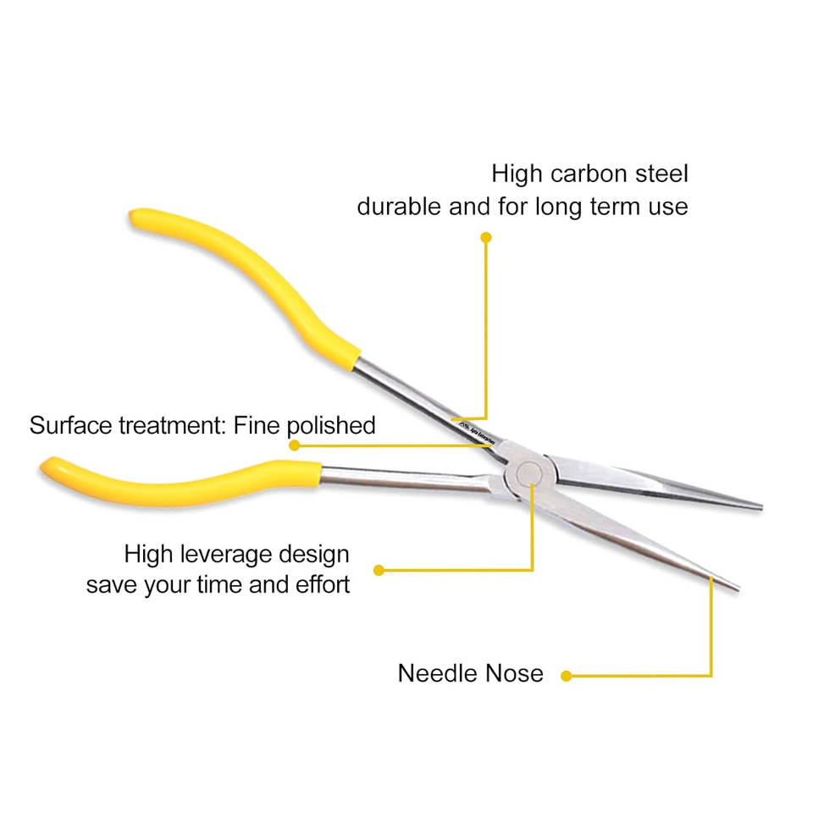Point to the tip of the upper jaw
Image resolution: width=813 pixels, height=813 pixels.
tap(759, 506)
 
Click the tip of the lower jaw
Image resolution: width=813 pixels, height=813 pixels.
tap(735, 587)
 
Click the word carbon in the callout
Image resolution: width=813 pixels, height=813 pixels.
tap(590, 174)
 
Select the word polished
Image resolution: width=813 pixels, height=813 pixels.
tap(331, 424)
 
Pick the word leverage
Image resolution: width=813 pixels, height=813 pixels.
tap(229, 556)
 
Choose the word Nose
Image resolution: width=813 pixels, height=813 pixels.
tap(514, 674)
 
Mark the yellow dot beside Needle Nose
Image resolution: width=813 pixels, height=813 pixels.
tap(567, 676)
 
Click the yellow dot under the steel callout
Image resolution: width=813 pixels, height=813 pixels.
tap(486, 238)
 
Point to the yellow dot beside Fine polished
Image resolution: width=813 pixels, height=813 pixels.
tap(294, 445)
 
